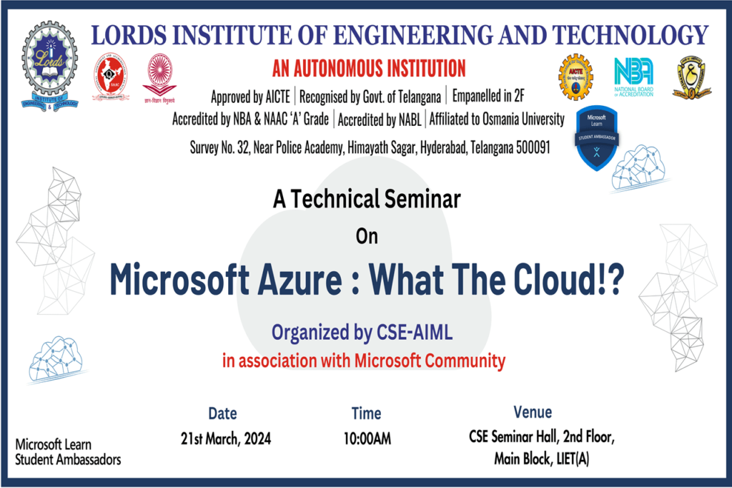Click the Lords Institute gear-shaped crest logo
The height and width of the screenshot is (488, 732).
(50, 66)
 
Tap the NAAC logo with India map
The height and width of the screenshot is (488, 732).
(110, 77)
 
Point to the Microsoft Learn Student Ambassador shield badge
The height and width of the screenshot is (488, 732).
(597, 138)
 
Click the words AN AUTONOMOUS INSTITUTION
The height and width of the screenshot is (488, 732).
(369, 69)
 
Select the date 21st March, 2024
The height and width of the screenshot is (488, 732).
(226, 439)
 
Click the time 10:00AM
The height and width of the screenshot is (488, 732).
(367, 439)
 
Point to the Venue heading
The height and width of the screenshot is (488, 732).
(533, 412)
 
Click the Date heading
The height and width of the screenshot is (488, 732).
(222, 413)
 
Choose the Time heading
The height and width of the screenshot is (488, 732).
(366, 413)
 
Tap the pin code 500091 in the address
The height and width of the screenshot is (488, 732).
(530, 147)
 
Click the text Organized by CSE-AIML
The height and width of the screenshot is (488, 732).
(362, 333)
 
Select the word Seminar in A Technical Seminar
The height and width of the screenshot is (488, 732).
(420, 200)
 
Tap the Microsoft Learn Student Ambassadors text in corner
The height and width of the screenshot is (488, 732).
(68, 452)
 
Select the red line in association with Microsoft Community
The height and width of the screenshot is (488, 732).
(364, 361)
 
